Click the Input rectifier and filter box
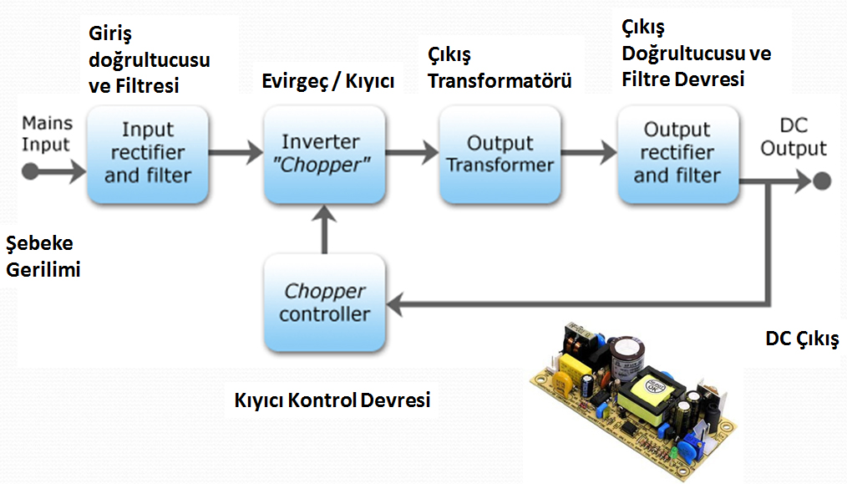148,154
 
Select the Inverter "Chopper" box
325,154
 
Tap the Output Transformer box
500,154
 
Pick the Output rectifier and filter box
678,154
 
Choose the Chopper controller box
325,303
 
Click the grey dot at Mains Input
30,172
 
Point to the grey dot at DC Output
822,181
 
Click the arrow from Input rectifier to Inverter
236,152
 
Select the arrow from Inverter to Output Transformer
412,152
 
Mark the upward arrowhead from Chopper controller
324,214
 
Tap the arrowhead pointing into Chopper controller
396,303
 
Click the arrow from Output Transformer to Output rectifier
589,152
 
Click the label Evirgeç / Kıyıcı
328,81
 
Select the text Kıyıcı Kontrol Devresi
332,400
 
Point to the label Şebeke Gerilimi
43,257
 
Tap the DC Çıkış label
802,339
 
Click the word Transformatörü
500,81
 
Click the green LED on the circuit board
674,451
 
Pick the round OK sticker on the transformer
653,386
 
